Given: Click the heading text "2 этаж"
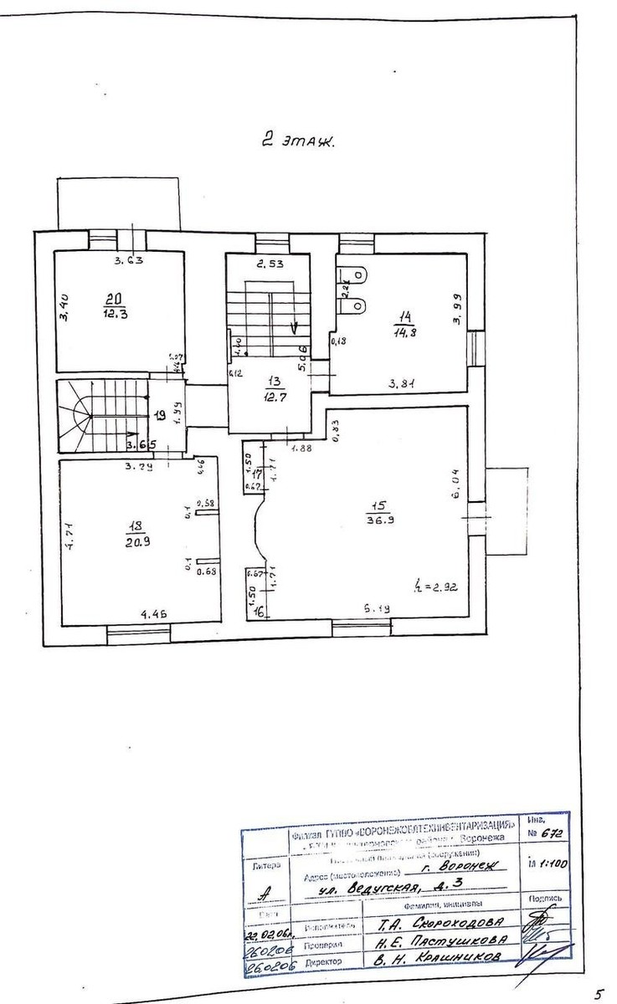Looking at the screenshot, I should [x=296, y=142].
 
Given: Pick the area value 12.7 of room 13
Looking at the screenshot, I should [x=270, y=396].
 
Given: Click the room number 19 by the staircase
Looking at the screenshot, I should [x=160, y=413].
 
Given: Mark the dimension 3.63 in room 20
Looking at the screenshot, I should [x=130, y=260].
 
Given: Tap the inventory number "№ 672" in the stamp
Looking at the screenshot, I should [x=545, y=834].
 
